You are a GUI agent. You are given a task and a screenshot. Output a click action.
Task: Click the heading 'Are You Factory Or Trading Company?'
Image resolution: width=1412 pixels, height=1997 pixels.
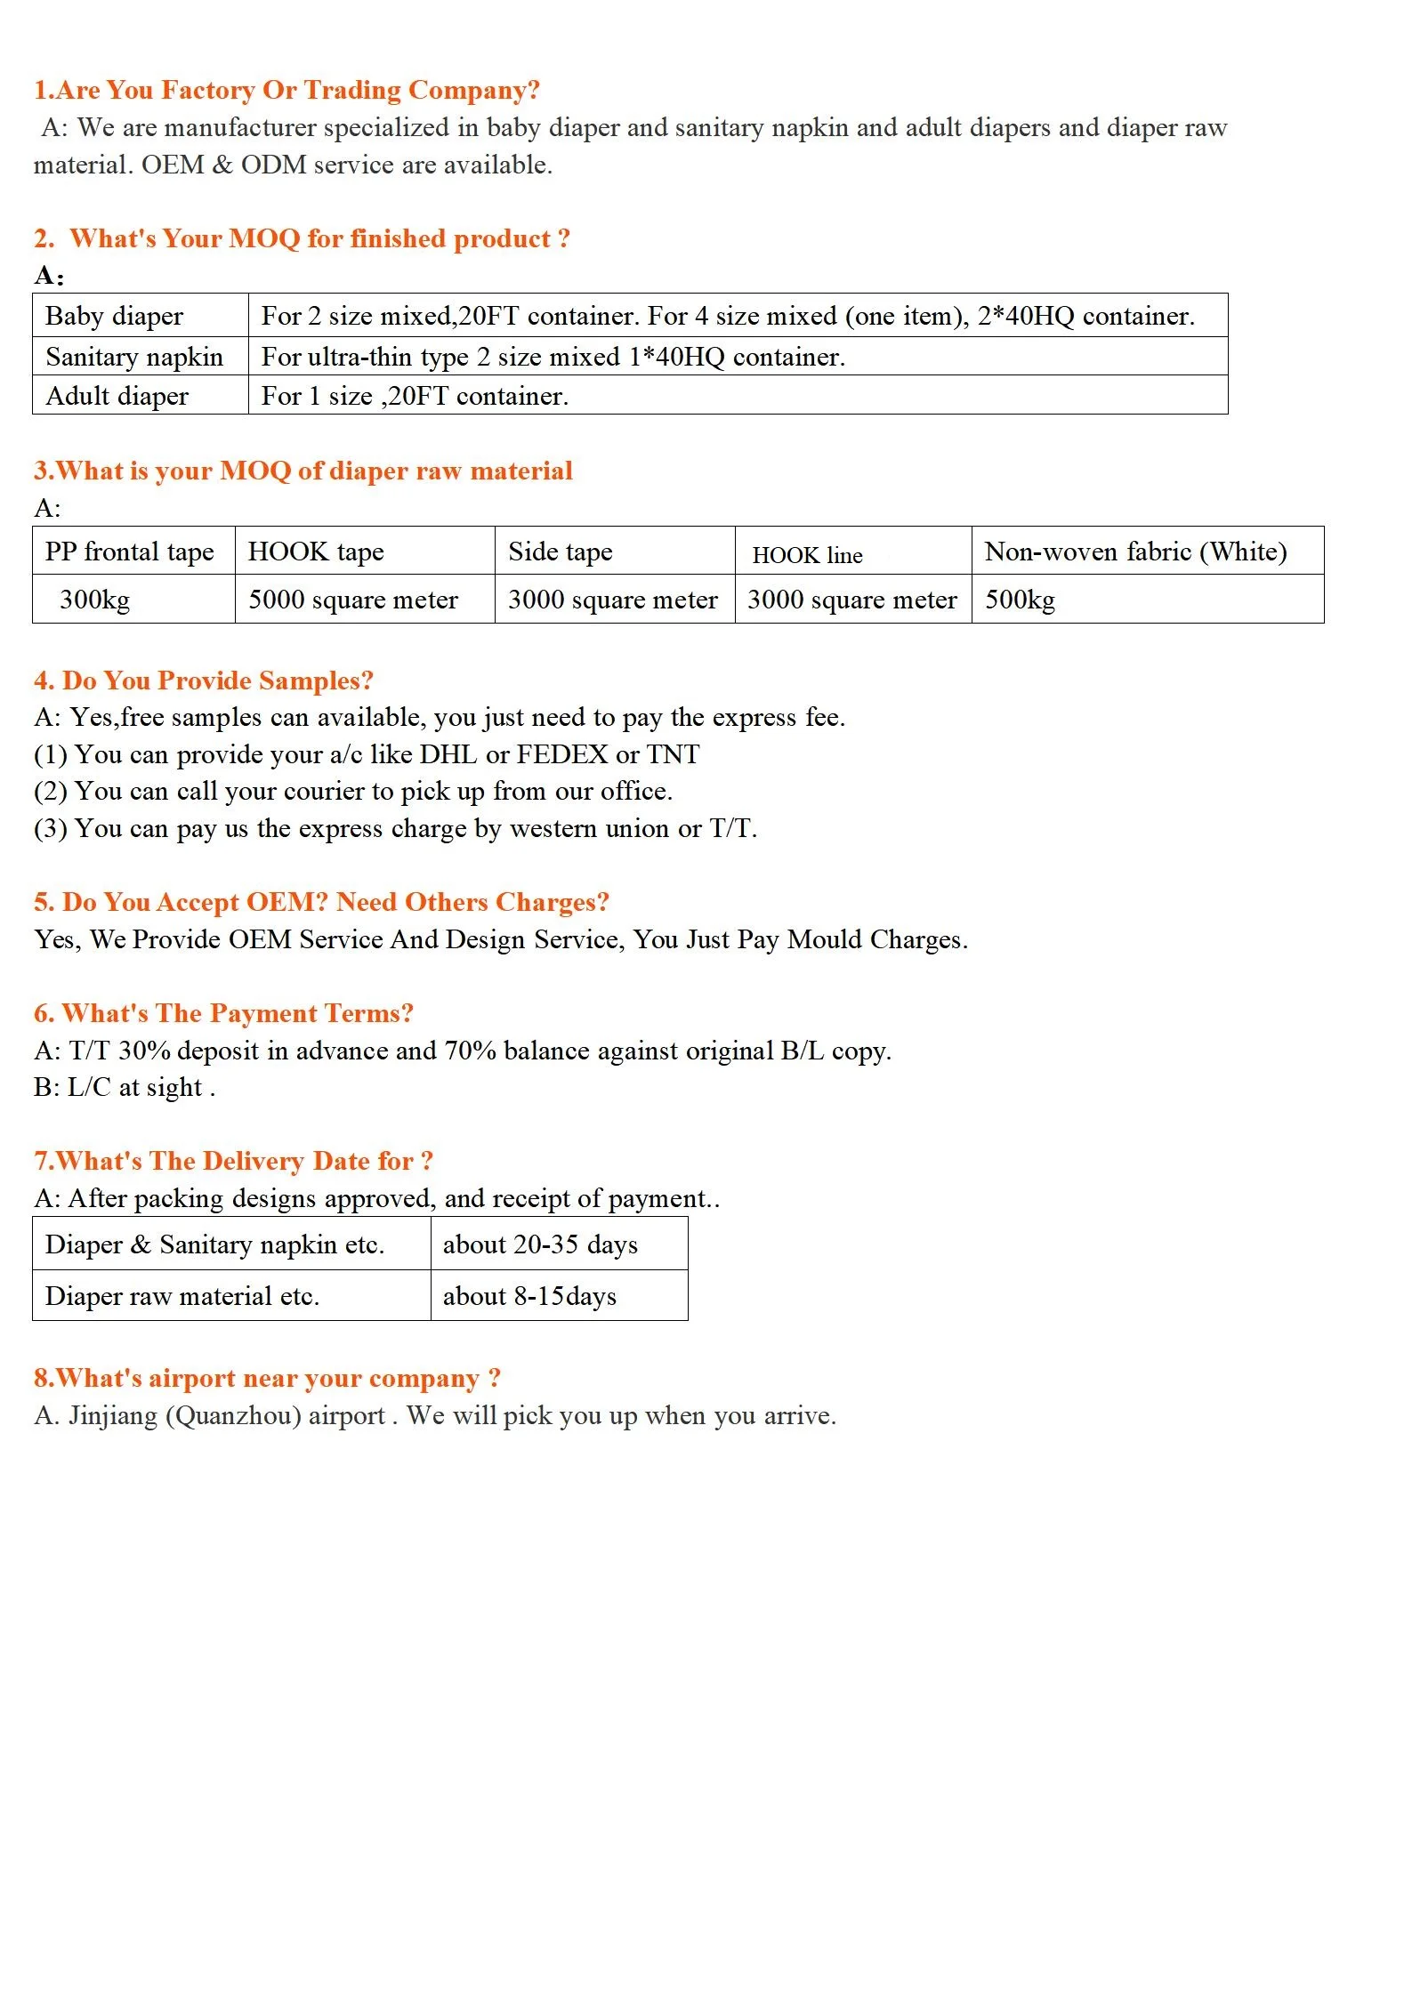[286, 91]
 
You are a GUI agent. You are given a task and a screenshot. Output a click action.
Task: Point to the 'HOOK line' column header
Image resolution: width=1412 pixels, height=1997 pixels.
[807, 555]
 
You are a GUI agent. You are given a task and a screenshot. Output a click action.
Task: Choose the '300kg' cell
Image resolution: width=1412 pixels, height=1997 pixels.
[94, 600]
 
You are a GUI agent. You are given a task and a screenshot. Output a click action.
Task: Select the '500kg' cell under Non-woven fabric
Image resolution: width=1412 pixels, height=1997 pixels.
[1020, 600]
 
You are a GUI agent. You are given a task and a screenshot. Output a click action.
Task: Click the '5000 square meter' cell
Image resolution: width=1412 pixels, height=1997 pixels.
[352, 600]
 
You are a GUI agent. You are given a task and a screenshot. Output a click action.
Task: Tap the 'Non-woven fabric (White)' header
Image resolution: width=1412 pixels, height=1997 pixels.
[1135, 552]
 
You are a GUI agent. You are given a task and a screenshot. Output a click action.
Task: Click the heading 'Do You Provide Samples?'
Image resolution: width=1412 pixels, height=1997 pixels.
[204, 680]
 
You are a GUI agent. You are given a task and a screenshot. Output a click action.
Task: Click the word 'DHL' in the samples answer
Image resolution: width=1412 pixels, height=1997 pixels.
[448, 754]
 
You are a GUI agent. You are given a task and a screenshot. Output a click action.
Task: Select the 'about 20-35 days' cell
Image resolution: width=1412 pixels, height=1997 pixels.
[540, 1244]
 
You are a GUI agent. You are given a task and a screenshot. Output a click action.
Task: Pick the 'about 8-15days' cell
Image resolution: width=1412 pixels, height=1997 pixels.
[529, 1296]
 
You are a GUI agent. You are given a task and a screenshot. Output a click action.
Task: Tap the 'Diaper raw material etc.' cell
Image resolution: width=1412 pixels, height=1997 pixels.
[182, 1296]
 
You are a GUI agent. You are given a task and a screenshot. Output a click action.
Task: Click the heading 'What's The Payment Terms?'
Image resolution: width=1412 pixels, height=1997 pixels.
[224, 1013]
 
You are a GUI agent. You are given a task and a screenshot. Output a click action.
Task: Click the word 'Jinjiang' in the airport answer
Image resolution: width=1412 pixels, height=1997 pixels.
[113, 1415]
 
